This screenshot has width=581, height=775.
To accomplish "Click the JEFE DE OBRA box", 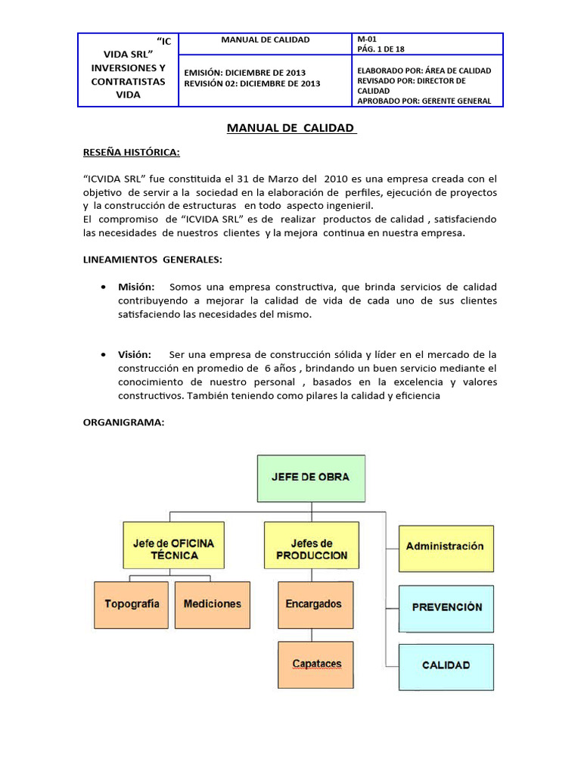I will tap(311, 478).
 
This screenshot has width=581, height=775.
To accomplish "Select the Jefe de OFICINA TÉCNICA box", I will tap(173, 549).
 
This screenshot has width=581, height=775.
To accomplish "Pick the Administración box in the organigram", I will tap(445, 546).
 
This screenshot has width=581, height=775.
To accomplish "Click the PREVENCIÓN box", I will tap(446, 607).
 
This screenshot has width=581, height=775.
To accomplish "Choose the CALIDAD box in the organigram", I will tap(446, 665).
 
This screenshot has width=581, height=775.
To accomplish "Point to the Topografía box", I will tap(132, 604).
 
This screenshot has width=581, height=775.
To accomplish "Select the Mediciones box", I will tap(213, 604).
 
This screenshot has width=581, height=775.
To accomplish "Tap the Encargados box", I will tap(314, 604).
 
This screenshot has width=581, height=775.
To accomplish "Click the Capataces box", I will tap(316, 664).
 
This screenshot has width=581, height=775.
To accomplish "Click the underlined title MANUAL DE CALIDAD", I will tap(291, 128).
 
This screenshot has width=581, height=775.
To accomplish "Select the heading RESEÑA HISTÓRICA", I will tap(131, 152).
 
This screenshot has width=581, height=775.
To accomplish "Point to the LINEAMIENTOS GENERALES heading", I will tap(152, 260).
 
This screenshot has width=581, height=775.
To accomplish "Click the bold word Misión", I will tap(136, 287).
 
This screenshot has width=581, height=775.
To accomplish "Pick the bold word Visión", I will tap(135, 354).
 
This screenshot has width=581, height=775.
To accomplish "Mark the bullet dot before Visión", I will tap(102, 354).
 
